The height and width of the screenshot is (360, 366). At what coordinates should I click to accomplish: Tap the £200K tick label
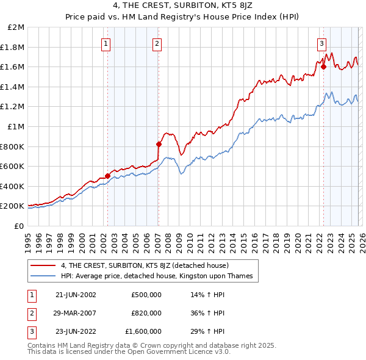point(12,206)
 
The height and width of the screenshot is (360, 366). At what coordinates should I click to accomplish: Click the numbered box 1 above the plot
point(107,43)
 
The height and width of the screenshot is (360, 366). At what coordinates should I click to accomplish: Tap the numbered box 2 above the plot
point(157,43)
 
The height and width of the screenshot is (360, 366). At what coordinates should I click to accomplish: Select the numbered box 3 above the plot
point(321,43)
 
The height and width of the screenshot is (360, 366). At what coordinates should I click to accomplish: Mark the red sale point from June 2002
point(108,176)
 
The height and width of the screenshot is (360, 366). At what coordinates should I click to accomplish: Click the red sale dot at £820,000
point(159,145)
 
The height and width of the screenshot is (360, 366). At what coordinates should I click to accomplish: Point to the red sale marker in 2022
point(323,67)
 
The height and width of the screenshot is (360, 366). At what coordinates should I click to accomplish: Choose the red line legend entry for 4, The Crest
point(145,265)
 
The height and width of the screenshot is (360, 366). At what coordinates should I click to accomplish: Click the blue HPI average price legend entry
point(157,276)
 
